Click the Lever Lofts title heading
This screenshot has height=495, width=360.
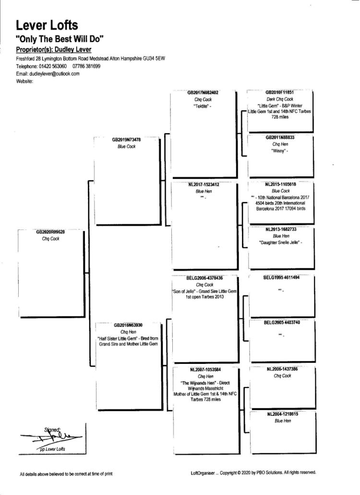[47, 25]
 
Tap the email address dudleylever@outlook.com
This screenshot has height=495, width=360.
[54, 73]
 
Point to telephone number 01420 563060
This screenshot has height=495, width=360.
[51, 66]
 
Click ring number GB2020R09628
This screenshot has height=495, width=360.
[50, 232]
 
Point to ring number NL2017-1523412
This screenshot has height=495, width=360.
[204, 185]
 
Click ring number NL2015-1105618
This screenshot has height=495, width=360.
[280, 184]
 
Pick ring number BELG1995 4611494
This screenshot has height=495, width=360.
[280, 278]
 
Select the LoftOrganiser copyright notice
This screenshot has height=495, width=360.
[253, 473]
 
